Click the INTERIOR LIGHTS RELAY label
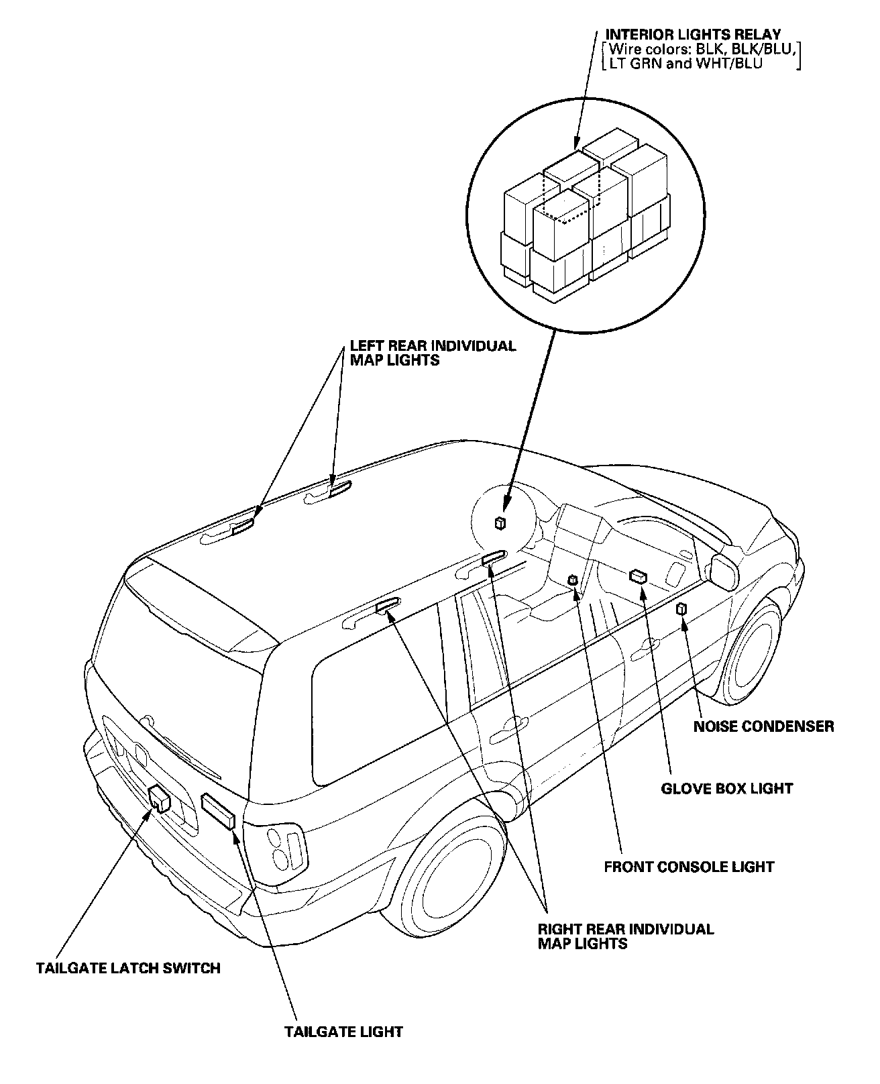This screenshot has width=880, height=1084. coord(693,34)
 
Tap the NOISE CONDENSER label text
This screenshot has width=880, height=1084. coord(764,726)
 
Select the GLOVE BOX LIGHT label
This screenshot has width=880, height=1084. coord(727,788)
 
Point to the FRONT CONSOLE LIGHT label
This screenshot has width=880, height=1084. coord(689,867)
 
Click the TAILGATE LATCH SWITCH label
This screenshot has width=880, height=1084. coord(128,968)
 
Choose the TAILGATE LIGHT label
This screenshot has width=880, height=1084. coord(343,1031)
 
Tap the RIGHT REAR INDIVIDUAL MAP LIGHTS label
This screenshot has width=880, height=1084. coord(626,936)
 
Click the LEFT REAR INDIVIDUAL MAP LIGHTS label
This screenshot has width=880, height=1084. coord(433,353)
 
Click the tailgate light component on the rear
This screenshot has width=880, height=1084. coord(219,812)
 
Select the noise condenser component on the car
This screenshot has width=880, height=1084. coord(681,609)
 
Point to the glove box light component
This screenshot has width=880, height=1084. coord(638,576)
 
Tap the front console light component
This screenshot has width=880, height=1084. coord(573,580)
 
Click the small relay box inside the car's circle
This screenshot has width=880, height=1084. coord(500,523)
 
